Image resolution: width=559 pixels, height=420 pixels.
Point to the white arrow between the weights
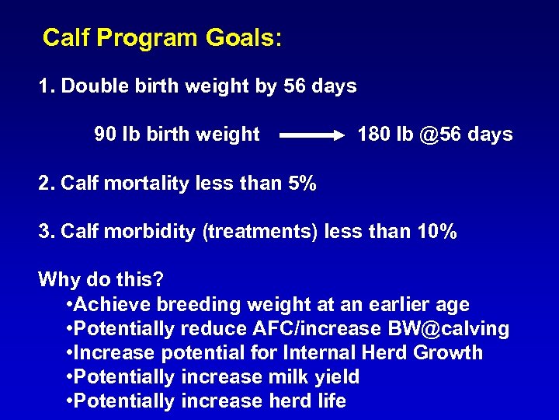coord(311,135)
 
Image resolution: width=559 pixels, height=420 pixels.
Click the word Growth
coord(448,352)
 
